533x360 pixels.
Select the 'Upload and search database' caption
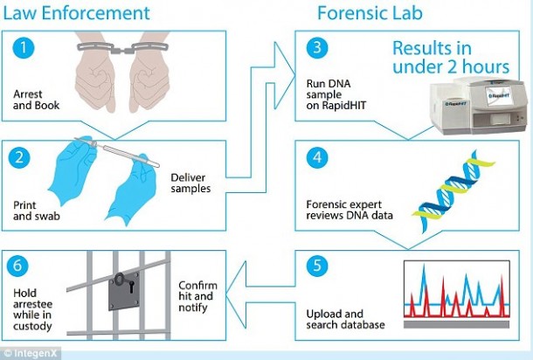[x=343, y=319]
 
